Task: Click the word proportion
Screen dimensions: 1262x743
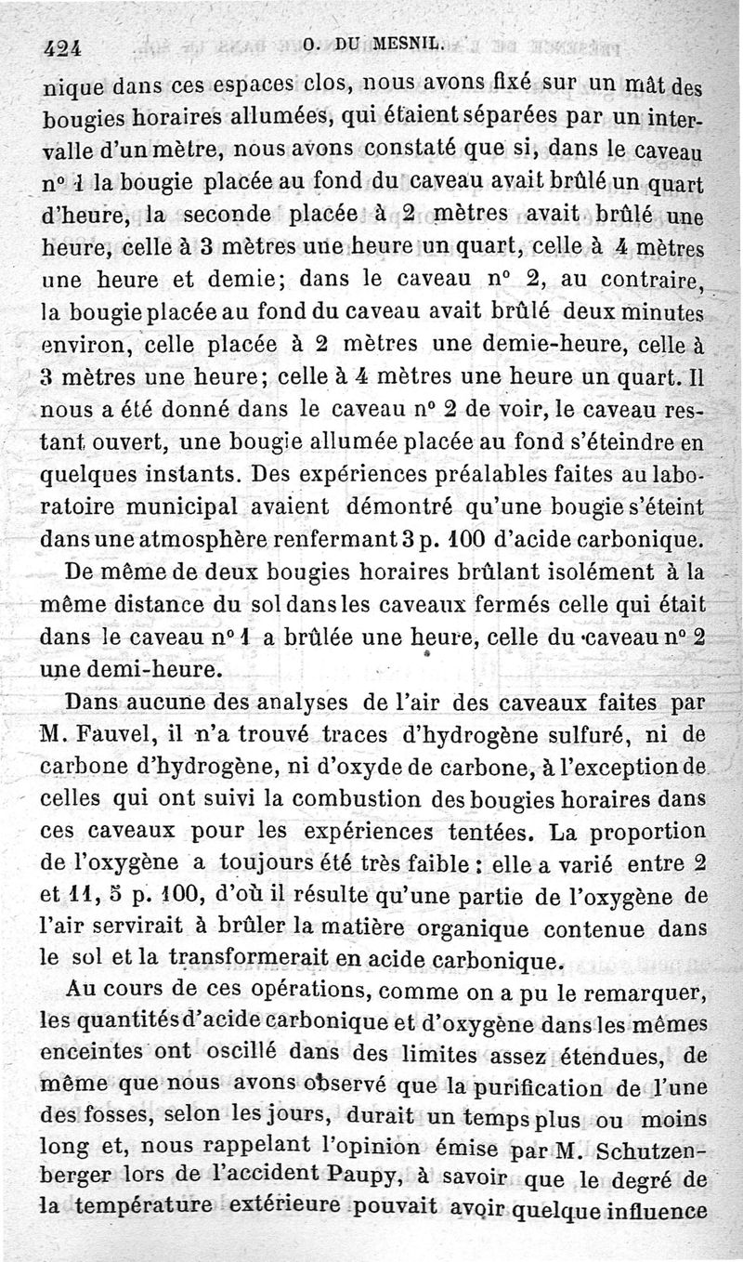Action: click(646, 830)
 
